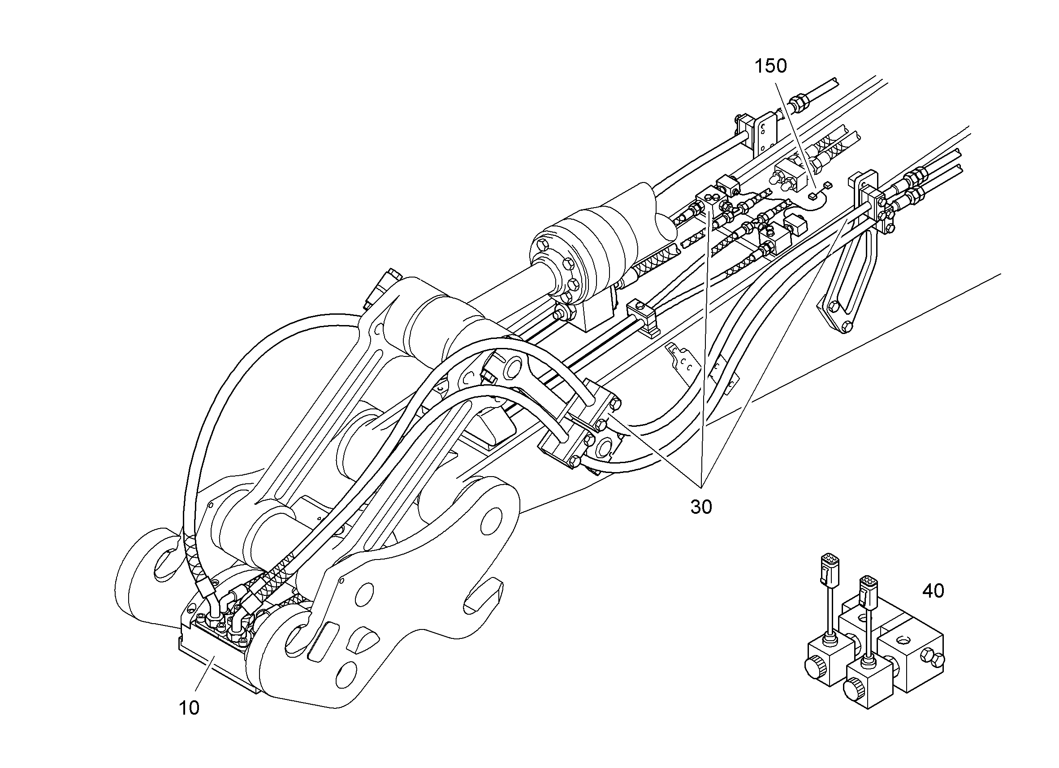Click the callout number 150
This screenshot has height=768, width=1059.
click(x=771, y=66)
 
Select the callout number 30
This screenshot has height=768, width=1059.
click(x=701, y=507)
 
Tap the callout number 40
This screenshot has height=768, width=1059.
click(x=933, y=591)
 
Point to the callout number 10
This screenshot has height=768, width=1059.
click(x=189, y=708)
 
